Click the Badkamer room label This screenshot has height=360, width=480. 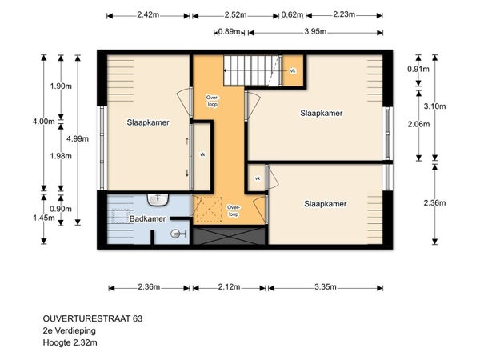point(147,219)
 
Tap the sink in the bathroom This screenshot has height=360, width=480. point(158,199)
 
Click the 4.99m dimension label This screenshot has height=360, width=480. point(78,138)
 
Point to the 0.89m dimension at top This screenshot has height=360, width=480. point(229,31)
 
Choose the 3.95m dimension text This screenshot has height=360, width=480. point(315,31)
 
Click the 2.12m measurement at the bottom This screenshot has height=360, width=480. point(229,287)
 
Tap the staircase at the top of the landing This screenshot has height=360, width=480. point(252,70)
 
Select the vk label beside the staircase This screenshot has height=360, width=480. point(293,70)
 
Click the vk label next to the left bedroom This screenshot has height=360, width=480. point(202,154)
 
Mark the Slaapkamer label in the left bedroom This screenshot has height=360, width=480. point(148,122)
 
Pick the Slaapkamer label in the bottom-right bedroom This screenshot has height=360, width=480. point(326,204)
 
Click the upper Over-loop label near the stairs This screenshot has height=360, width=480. point(212,101)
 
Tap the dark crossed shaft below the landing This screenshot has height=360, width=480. point(229,236)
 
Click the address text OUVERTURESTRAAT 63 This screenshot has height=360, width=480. point(93,318)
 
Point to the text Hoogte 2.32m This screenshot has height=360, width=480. point(70,342)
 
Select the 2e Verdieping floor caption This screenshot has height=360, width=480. point(70,330)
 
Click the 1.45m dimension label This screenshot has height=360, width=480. point(44,218)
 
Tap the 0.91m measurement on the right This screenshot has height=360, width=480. point(418,69)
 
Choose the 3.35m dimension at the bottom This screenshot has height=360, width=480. point(326,287)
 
